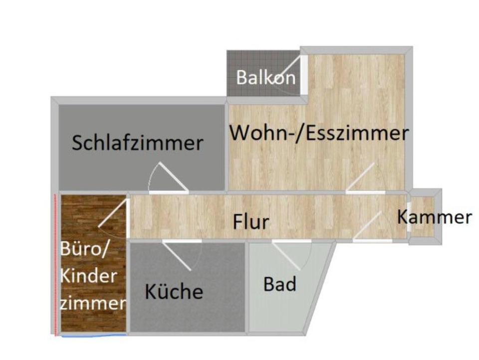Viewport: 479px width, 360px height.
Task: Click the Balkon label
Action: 265,77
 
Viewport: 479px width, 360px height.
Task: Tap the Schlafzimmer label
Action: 138,143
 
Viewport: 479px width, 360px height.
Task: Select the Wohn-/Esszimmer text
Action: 319,133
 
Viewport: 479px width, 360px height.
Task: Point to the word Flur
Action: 251,221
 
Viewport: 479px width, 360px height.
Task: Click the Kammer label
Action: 434,217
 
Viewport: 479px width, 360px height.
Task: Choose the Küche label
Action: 174,292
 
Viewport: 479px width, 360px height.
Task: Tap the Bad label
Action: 280,284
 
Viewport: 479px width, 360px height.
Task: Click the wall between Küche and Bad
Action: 247,287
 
